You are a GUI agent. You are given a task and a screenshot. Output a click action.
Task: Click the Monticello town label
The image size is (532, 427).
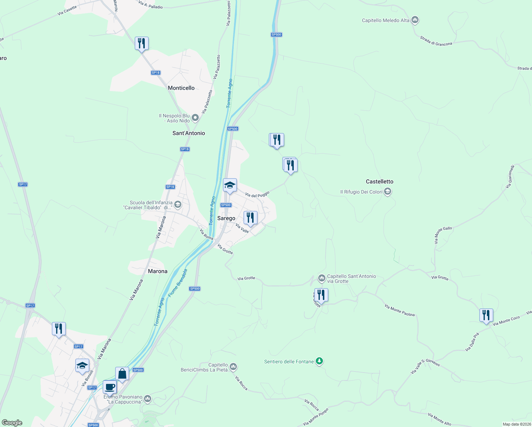click(181, 88)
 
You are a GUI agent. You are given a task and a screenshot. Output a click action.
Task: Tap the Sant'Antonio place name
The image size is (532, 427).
click(188, 133)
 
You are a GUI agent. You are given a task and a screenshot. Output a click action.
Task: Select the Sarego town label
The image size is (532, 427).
click(226, 218)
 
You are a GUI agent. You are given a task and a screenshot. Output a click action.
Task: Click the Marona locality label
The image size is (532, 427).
click(158, 271)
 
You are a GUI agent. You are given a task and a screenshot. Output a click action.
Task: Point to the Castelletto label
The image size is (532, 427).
click(379, 181)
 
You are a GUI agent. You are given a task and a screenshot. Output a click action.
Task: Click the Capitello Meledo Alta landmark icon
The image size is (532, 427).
click(415, 20)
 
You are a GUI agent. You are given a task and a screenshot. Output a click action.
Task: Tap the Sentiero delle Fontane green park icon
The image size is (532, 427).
click(319, 362)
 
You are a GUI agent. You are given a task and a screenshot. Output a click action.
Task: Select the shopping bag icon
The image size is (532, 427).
click(122, 374)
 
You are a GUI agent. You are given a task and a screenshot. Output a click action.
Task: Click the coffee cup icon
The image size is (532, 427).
click(110, 387)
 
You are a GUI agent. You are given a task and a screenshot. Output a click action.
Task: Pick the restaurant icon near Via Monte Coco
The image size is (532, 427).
click(486, 315)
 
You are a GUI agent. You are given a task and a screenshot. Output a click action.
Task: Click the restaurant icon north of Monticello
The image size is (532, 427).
click(142, 43)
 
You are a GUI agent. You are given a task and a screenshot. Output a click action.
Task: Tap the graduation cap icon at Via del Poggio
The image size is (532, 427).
click(230, 185)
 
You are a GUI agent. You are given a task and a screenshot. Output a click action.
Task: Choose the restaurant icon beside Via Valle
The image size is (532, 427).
click(250, 217)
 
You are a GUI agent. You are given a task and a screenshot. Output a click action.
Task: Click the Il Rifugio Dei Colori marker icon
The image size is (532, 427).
click(388, 192)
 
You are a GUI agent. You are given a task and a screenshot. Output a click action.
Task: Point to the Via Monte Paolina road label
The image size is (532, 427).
click(399, 310)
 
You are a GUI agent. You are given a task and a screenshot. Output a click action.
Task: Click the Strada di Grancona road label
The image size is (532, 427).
click(436, 41)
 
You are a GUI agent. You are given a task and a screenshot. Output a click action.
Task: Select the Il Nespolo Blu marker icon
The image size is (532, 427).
click(195, 117)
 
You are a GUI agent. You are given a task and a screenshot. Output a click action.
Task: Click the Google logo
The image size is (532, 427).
click(12, 422)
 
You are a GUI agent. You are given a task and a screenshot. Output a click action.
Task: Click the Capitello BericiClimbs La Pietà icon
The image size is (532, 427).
click(233, 366)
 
